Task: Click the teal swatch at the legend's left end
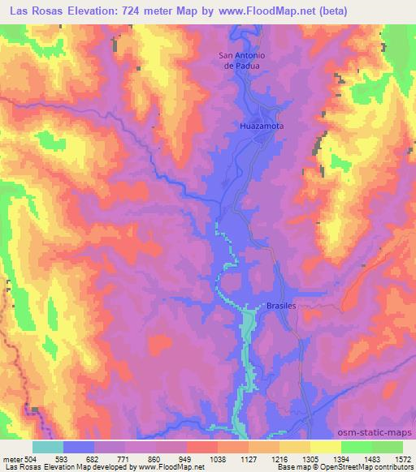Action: point(47,447)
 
